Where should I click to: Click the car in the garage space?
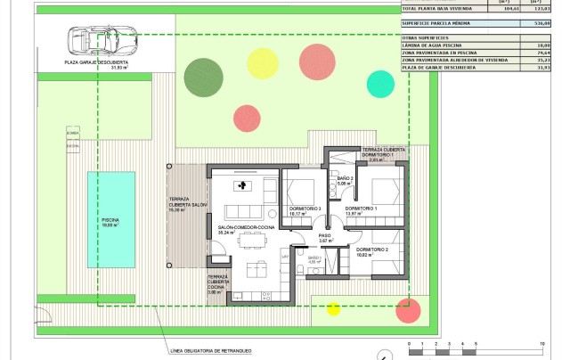click(x=99, y=40)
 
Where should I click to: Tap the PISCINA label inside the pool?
click(x=110, y=219)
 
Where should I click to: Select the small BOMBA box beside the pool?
click(x=73, y=133)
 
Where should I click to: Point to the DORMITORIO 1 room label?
click(x=362, y=209)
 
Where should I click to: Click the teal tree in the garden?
click(x=380, y=83)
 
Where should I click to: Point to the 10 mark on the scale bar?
click(x=542, y=343)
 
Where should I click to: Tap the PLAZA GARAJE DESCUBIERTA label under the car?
click(x=96, y=62)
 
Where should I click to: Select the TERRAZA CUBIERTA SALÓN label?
click(x=188, y=204)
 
